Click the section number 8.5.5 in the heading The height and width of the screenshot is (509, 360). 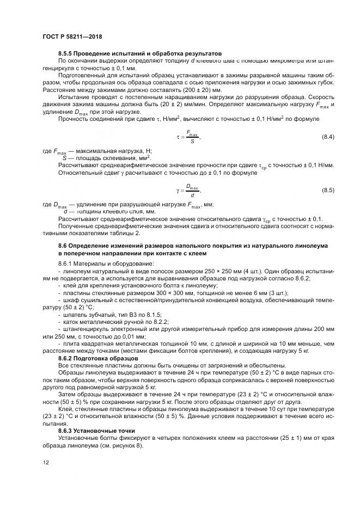pos(66,53)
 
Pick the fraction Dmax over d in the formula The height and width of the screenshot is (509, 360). pos(193,190)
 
